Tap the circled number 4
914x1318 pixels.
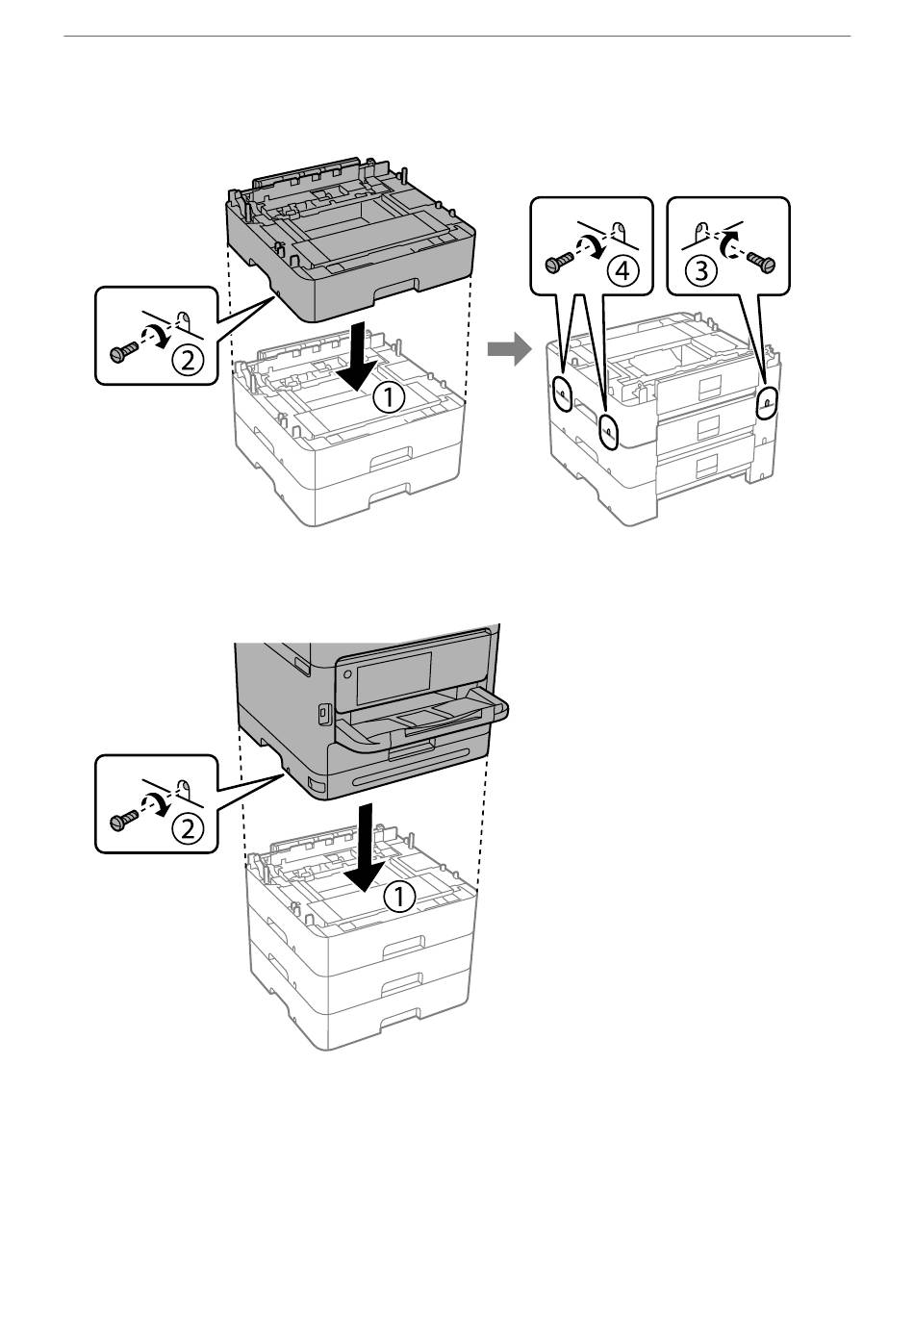point(622,271)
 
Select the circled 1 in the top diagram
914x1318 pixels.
point(390,399)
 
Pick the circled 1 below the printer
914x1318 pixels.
point(399,896)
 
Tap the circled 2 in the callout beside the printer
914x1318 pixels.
point(187,828)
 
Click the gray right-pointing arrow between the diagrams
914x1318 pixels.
point(509,349)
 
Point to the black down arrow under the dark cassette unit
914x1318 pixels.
point(359,357)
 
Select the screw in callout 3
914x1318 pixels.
point(761,261)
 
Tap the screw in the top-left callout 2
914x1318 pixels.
point(122,352)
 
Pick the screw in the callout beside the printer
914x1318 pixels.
point(122,820)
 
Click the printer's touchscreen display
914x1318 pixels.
point(394,677)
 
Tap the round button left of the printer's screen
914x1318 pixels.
point(346,673)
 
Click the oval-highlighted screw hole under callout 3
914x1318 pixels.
point(767,402)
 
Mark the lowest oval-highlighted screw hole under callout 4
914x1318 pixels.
point(609,433)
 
